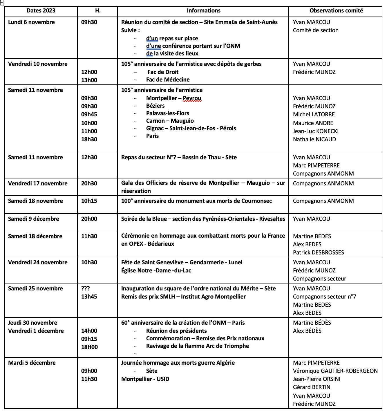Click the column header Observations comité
tap(336, 11)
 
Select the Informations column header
tap(203, 11)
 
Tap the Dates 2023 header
tap(41, 11)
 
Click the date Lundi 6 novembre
tap(31, 22)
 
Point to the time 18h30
tap(89, 140)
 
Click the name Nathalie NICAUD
tap(314, 140)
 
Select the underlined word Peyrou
tap(192, 98)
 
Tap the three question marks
tap(86, 289)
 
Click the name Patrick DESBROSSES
tap(318, 253)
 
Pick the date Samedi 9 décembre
tap(34, 219)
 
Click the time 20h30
tap(89, 184)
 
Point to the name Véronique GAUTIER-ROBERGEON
tap(335, 371)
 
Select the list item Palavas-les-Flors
tap(167, 113)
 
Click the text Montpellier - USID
tap(145, 379)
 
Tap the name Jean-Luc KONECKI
tap(316, 131)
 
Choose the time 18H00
tap(89, 347)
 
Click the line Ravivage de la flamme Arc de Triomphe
tap(197, 346)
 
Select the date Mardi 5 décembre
tap(32, 363)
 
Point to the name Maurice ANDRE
tap(313, 123)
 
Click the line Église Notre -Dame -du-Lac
tap(156, 271)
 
